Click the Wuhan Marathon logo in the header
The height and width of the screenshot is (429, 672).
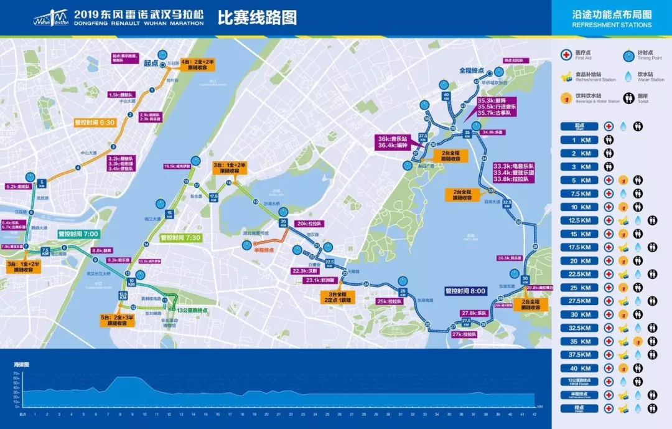click(50, 17)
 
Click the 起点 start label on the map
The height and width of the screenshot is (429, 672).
click(151, 62)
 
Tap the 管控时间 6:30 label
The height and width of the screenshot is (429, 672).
click(95, 122)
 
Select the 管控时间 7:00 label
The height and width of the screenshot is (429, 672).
click(78, 234)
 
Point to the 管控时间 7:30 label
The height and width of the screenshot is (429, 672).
click(180, 238)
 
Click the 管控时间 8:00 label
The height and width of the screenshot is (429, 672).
click(465, 290)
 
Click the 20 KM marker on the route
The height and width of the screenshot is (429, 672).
click(283, 222)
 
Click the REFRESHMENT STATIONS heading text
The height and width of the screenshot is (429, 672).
click(612, 25)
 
